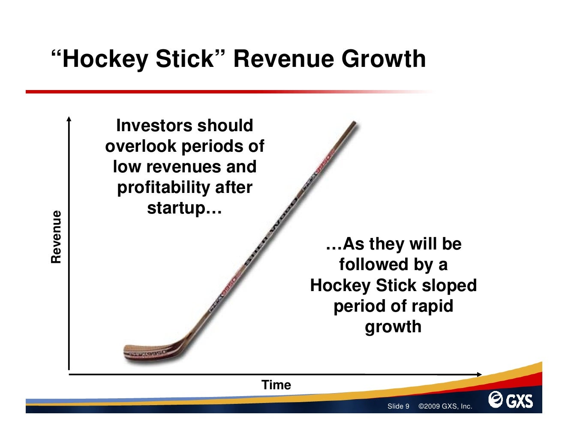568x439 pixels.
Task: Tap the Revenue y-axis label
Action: coord(57,237)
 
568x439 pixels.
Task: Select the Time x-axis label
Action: coord(276,385)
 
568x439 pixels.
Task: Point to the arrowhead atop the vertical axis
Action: coord(69,118)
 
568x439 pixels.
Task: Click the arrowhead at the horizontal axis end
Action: coord(479,374)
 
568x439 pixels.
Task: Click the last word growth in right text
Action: coord(393,327)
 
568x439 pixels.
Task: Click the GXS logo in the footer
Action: coord(511,400)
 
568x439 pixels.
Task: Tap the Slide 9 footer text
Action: coord(398,406)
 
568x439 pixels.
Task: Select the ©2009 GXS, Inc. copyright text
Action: coord(445,406)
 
